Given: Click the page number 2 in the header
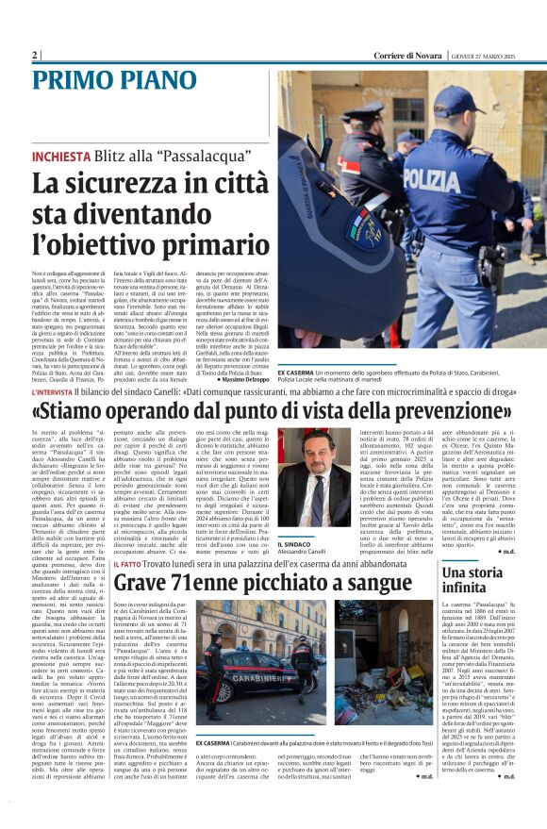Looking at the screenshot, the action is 35,56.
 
